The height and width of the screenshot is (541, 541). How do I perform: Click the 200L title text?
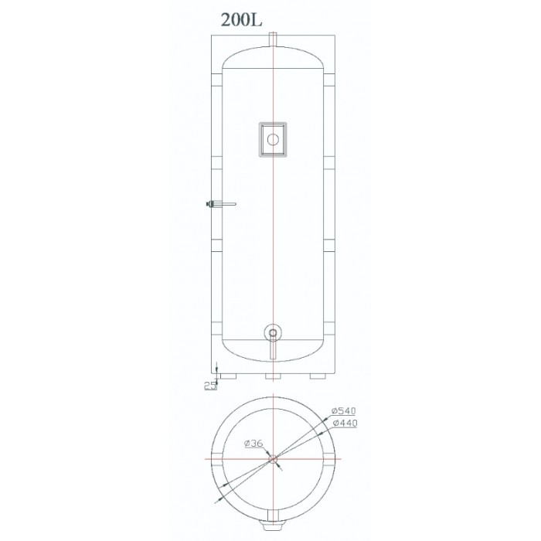point(241,19)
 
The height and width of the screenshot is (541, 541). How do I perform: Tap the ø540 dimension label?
point(343,410)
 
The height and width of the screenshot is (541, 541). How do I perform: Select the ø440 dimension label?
point(345,423)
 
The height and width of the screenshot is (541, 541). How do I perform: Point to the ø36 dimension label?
point(253,444)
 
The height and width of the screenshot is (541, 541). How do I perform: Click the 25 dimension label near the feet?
point(210,386)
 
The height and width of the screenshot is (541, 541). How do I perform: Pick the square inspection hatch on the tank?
point(273,139)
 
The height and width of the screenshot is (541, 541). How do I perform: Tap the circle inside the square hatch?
point(273,140)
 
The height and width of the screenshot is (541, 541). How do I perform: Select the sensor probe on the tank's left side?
point(220,204)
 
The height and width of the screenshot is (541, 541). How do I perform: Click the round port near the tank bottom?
point(273,333)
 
